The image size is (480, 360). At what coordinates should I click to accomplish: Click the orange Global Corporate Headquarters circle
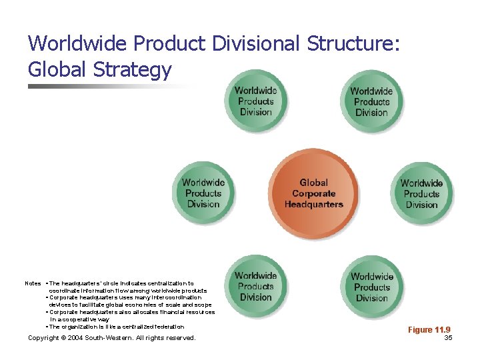coord(314,193)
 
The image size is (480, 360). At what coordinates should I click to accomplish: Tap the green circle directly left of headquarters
coord(203,193)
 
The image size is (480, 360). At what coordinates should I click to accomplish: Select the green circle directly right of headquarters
coord(421,193)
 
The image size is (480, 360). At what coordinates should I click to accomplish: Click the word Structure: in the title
coord(353,43)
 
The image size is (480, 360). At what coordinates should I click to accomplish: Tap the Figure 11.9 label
coord(429,330)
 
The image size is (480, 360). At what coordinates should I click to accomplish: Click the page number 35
coord(448,338)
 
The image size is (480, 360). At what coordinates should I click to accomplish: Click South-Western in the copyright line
coord(123,338)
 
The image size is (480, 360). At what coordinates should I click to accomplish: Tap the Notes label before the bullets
coord(33,283)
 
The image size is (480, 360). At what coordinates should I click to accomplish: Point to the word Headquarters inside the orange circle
coord(313,205)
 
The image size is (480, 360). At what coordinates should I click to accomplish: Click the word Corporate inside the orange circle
coord(314,193)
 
